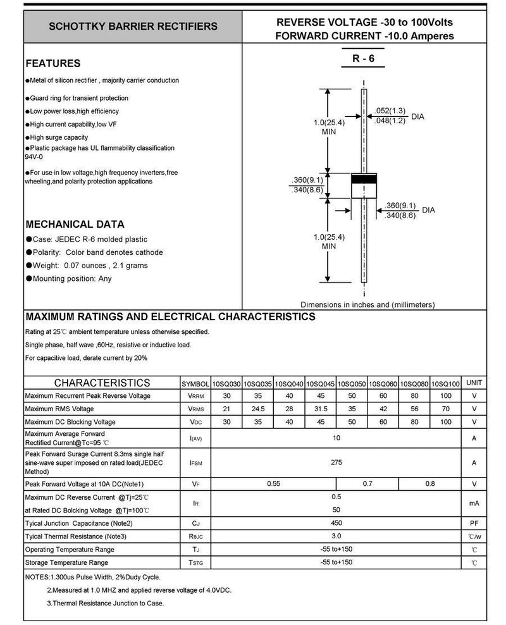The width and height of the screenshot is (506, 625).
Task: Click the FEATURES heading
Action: [x=52, y=63]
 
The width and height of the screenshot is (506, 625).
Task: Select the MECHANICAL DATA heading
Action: [x=74, y=224]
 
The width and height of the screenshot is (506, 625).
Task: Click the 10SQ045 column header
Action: [x=321, y=384]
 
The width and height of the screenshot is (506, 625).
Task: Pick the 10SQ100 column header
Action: [x=445, y=384]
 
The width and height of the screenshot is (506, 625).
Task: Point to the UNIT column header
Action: [x=474, y=383]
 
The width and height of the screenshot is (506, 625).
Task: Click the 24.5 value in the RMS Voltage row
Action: [x=258, y=409]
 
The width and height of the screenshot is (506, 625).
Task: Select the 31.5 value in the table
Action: [x=321, y=409]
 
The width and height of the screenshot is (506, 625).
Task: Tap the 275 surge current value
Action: [x=336, y=462]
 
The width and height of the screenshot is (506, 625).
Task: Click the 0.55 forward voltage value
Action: [x=273, y=484]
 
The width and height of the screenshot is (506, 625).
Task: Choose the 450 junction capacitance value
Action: [x=336, y=523]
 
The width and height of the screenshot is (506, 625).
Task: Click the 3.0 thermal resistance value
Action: [x=336, y=536]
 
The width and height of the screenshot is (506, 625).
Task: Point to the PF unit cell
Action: [x=474, y=524]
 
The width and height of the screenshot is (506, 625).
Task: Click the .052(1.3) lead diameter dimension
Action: [x=390, y=110]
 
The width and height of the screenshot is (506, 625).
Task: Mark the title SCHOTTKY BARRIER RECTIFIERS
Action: [x=133, y=27]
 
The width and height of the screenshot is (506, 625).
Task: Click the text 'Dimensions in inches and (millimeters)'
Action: [x=367, y=304]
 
